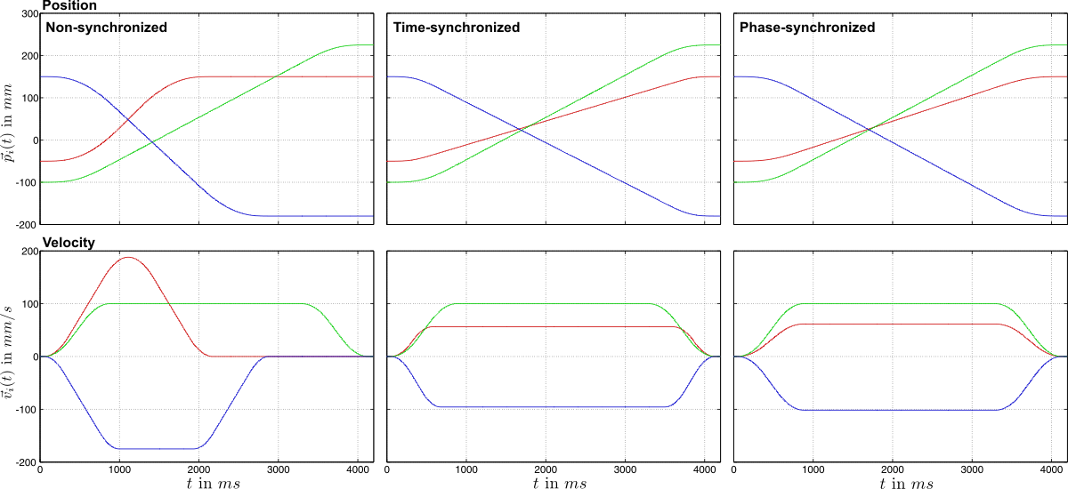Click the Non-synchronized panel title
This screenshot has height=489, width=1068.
tap(107, 28)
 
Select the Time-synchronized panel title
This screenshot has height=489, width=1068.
tap(457, 28)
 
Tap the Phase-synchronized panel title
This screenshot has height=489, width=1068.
tap(807, 28)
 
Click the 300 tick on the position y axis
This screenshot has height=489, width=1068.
tap(26, 14)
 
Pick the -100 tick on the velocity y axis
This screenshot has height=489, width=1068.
tap(23, 410)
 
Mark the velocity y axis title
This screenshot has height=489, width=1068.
tap(10, 356)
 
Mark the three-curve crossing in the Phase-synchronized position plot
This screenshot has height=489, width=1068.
tap(869, 130)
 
